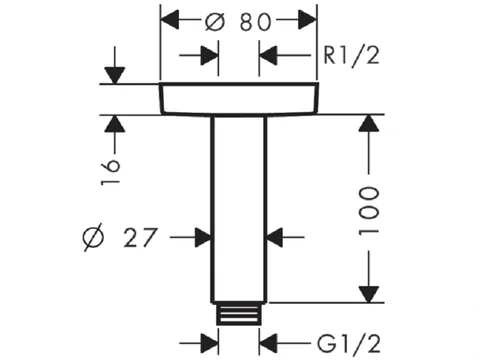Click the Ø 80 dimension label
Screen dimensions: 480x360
[238, 22]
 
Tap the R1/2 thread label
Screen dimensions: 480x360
[352, 55]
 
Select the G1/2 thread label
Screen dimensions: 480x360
[349, 343]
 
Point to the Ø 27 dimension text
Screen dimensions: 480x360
[119, 237]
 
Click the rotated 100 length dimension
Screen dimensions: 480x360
[369, 211]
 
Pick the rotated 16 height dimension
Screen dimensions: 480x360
[110, 172]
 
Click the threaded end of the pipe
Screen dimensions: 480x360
[238, 313]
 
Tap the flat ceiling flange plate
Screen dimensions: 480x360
[239, 99]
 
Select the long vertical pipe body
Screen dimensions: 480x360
[239, 209]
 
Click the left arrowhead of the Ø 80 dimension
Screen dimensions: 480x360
[170, 20]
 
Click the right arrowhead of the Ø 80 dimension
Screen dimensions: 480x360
[307, 20]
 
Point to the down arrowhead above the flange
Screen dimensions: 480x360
[115, 75]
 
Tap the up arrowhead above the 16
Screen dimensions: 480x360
[115, 123]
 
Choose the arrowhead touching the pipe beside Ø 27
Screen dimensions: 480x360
[203, 237]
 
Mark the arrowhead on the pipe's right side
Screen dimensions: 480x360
[275, 237]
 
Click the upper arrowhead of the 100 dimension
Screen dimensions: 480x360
[369, 123]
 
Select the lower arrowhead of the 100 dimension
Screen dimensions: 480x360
[369, 294]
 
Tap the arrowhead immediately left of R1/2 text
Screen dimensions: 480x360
[268, 55]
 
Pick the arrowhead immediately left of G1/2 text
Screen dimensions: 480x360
[268, 343]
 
